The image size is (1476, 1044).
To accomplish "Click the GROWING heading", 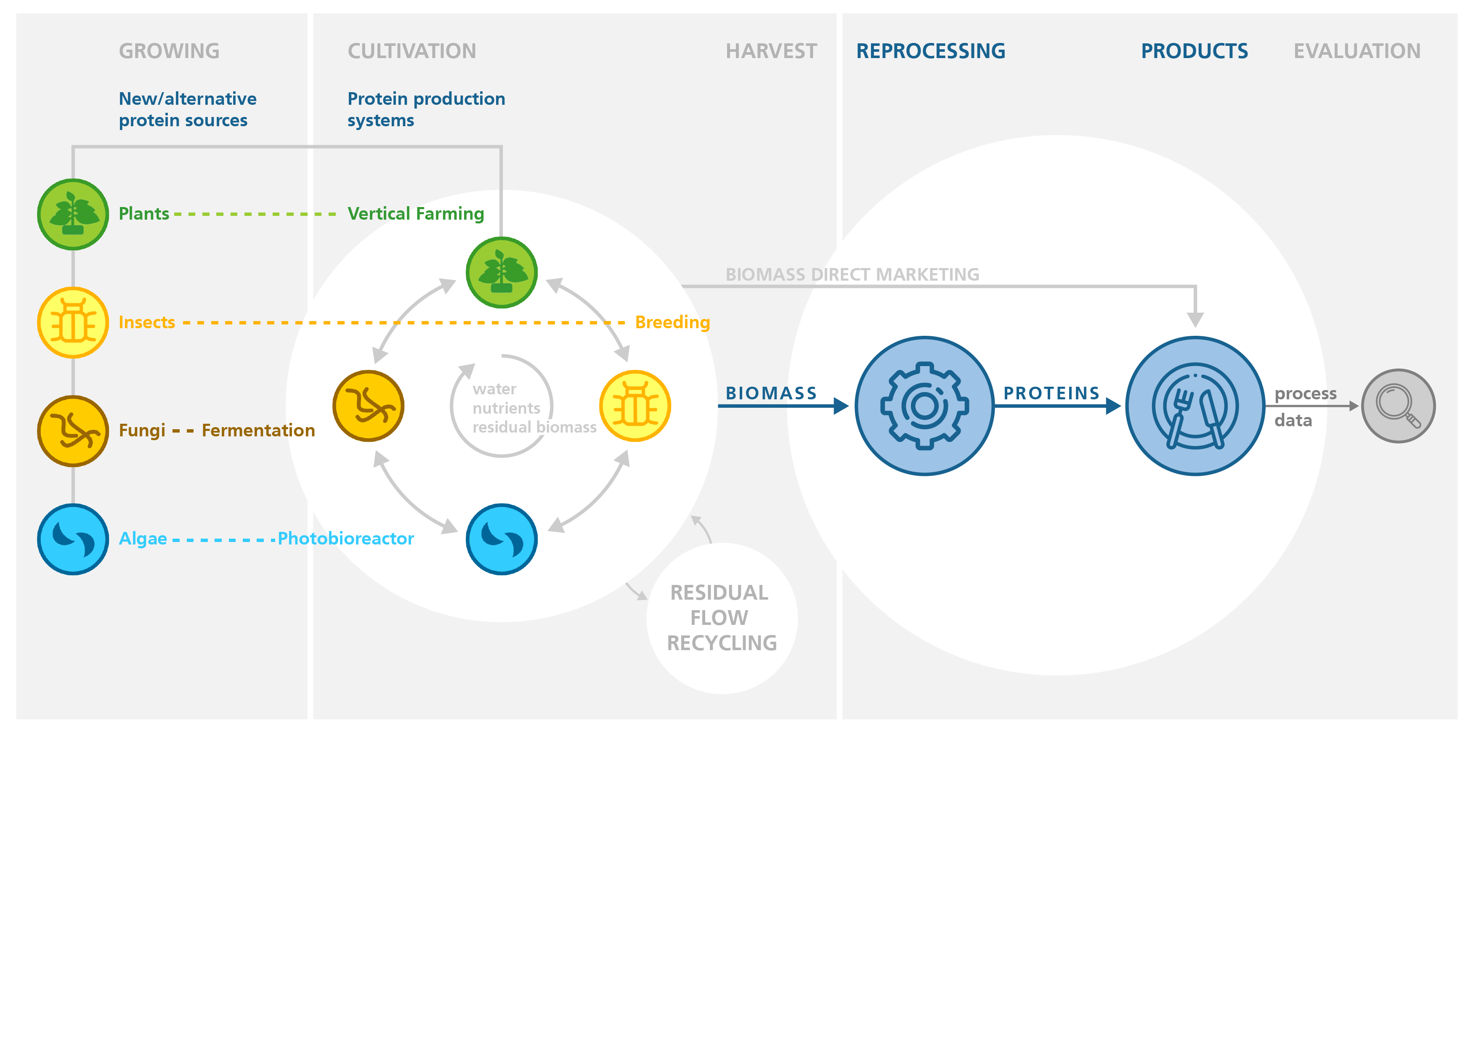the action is click(x=169, y=51).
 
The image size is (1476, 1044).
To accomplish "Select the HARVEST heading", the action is click(x=771, y=51).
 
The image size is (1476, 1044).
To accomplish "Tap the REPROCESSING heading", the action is click(x=931, y=51).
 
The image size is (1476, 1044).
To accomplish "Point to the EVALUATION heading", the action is click(x=1357, y=51).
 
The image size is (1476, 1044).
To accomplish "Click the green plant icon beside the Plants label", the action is click(x=73, y=214).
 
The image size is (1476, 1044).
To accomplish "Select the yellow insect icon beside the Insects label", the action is click(x=73, y=322).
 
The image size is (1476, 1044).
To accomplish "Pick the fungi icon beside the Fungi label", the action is click(x=73, y=431).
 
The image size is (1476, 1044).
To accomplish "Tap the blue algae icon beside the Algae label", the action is click(x=73, y=539).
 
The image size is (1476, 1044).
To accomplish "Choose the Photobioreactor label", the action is click(x=346, y=539).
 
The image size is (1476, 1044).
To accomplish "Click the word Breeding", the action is click(x=672, y=322).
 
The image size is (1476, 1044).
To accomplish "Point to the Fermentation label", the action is click(x=258, y=430).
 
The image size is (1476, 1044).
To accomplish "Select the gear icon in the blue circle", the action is click(x=924, y=406).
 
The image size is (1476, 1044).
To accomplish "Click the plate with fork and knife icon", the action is click(x=1195, y=406).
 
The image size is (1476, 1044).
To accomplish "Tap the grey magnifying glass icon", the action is click(x=1398, y=406).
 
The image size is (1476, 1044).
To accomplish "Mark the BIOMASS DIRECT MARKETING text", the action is click(x=852, y=274).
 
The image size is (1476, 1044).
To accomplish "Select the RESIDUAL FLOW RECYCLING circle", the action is click(x=722, y=618).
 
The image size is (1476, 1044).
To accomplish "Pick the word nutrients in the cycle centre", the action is click(x=507, y=408).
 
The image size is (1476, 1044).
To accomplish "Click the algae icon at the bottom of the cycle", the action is click(x=502, y=539).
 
